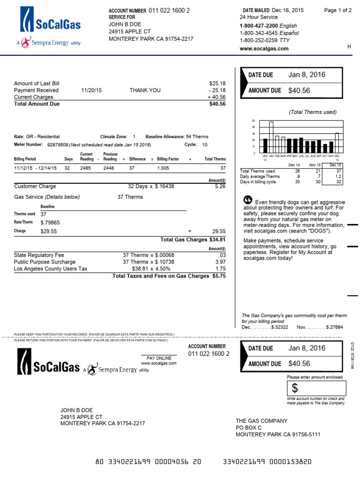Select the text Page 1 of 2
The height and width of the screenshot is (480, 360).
[337, 10]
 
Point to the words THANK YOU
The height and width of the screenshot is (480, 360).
[145, 90]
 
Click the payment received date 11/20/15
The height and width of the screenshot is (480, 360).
[91, 90]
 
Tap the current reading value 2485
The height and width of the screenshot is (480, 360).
[86, 168]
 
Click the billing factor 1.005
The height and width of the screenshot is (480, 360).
[163, 168]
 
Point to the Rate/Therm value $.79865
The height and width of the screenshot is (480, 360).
[50, 223]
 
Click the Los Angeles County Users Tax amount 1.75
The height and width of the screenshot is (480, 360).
[220, 269]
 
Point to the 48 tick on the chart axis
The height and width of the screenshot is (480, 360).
[254, 127]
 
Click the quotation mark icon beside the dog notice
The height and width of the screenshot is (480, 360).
[248, 200]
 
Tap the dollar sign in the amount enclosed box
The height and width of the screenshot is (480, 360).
[294, 388]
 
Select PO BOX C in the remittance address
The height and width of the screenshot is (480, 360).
[248, 427]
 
